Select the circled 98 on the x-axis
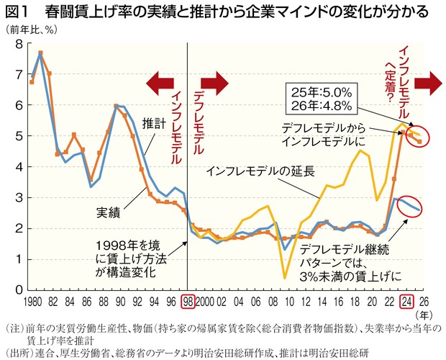coord(188,301)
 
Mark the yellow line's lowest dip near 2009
coord(285,277)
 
